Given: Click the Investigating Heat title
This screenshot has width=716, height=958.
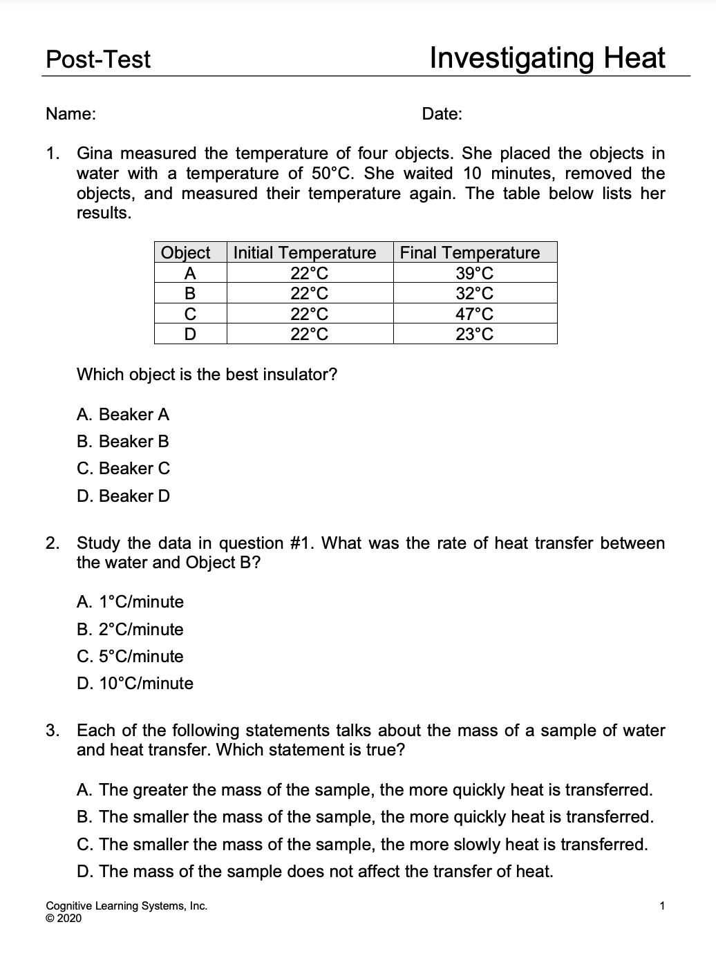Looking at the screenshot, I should coord(547,58).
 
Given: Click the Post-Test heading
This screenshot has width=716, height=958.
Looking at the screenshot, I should coord(97,59).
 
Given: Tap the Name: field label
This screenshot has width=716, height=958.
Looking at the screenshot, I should coord(70,114).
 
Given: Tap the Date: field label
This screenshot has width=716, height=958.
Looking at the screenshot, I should coord(442,114).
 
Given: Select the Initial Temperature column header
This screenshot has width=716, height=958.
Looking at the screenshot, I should coord(304,253).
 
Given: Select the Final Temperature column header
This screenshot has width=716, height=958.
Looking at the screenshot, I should coord(470,253).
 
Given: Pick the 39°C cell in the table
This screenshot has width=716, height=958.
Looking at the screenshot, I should coord(475,273).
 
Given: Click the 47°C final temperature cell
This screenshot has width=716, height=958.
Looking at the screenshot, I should coord(475,314).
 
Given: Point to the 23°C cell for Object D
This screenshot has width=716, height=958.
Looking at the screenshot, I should coord(475,335).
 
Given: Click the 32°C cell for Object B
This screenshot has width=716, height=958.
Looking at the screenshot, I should coord(475,293).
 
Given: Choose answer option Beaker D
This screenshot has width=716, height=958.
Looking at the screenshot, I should coord(123,496).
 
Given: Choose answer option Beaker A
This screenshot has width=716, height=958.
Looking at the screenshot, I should coord(123,415).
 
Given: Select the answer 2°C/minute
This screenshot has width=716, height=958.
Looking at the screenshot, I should coord(130,630).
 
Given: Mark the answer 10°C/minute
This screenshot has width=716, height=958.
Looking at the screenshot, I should coord(135,684).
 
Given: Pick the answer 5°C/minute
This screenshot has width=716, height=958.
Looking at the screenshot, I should coord(130,657).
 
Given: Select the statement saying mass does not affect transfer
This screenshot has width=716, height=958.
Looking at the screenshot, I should coord(315,872).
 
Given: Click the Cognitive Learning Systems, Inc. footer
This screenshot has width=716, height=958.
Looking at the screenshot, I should coord(126,906).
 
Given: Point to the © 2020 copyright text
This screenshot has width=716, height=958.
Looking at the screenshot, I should coord(64,918).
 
